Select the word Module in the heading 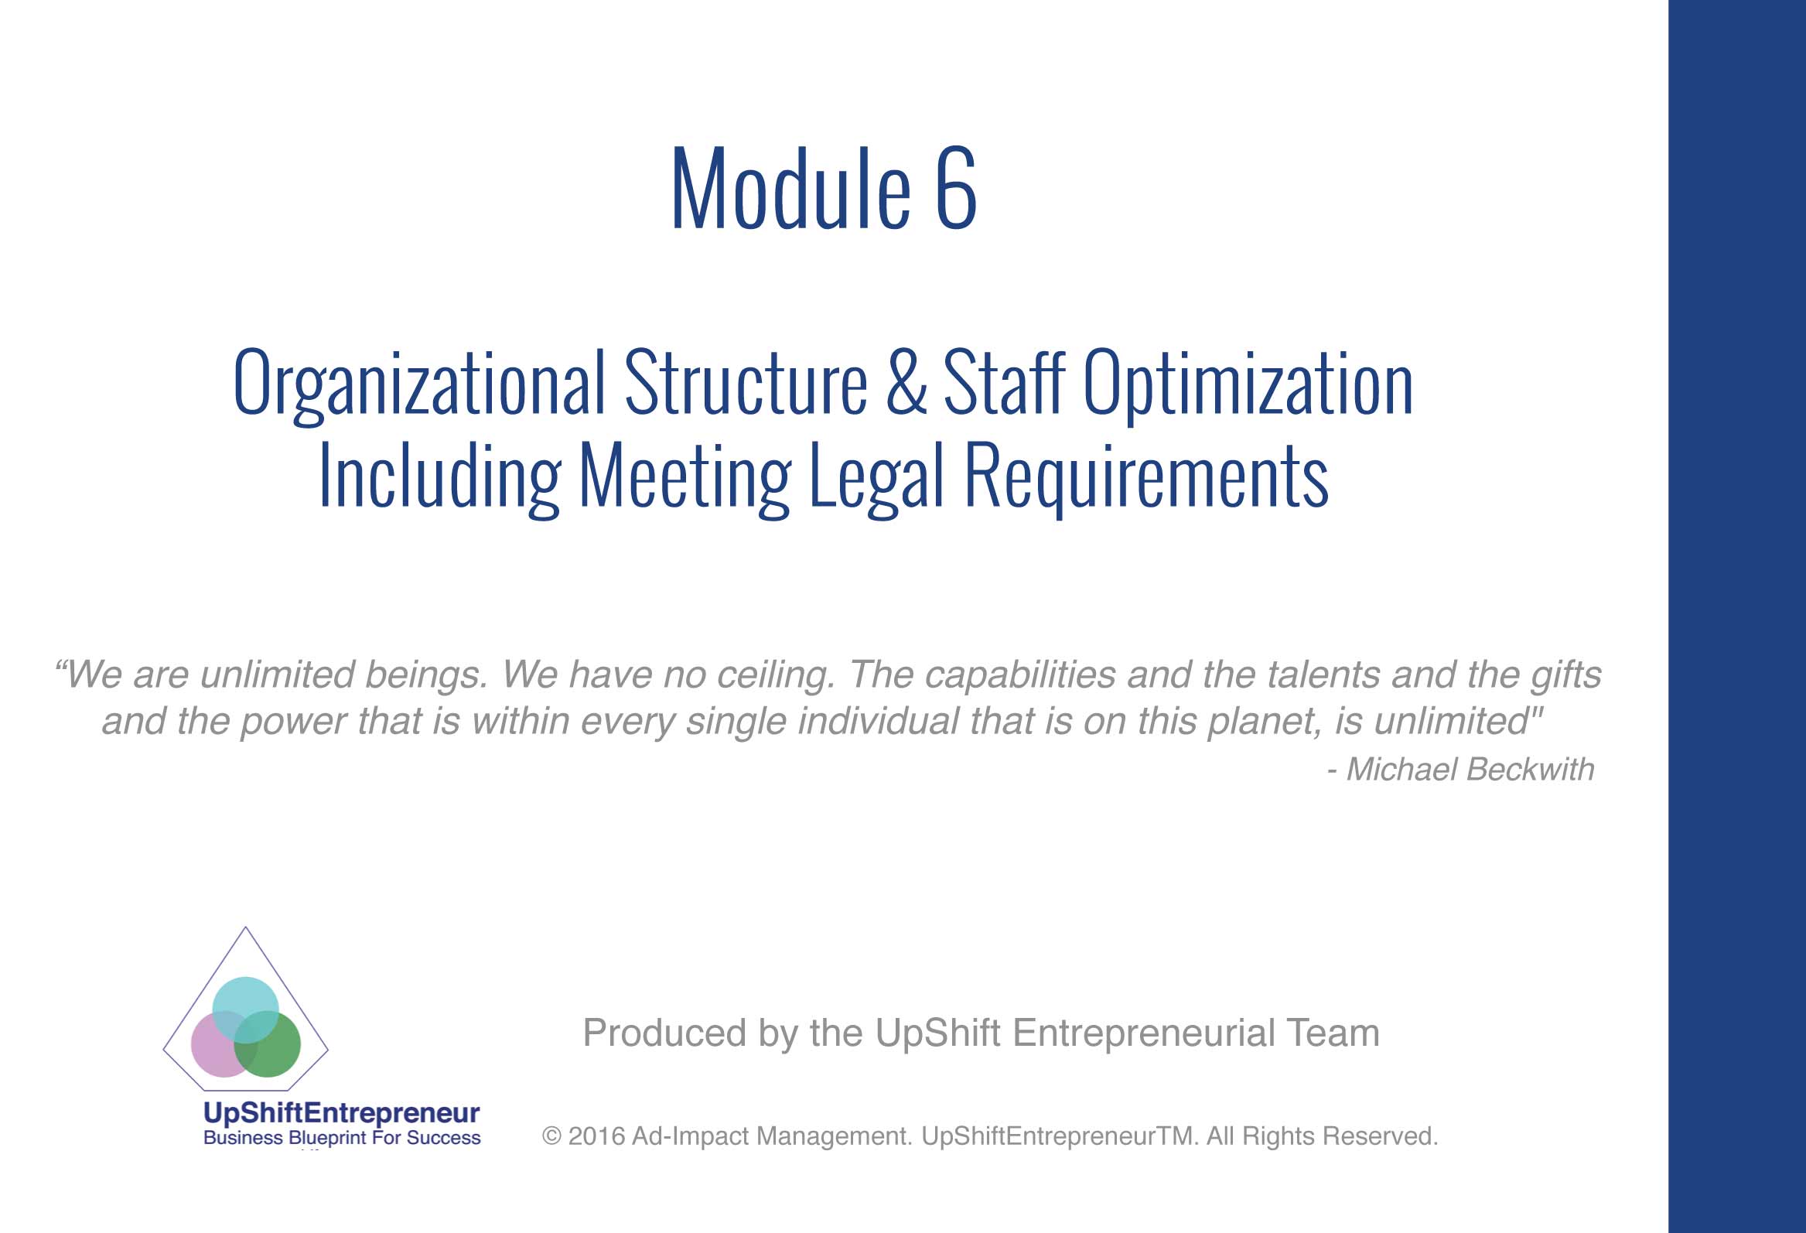coord(790,189)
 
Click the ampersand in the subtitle coord(906,381)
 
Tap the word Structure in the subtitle coord(746,381)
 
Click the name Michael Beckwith coord(1470,769)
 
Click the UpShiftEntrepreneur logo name coord(341,1113)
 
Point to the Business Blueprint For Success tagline coord(342,1138)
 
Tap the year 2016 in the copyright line coord(596,1136)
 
